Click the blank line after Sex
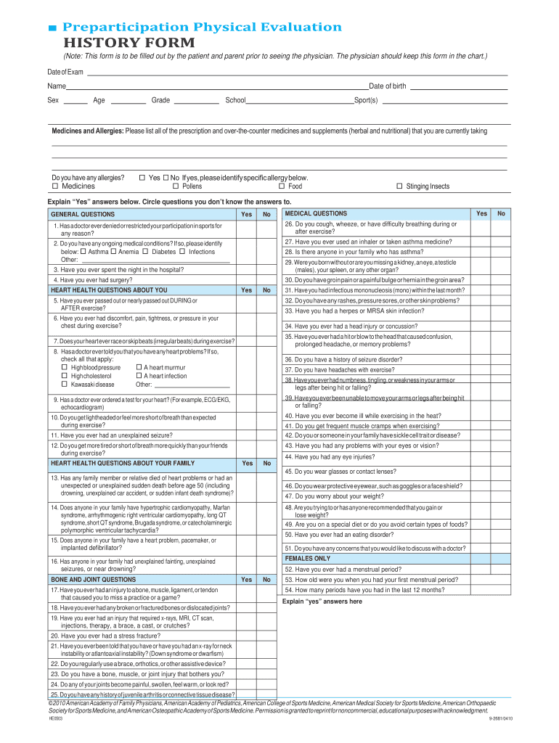[76, 102]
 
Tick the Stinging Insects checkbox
[399, 186]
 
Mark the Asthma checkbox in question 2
[83, 251]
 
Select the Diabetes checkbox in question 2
[145, 251]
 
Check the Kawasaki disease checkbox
[65, 385]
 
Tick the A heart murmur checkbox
[139, 367]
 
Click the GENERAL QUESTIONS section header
[83, 214]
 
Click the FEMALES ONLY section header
[308, 559]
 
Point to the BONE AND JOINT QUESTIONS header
[93, 580]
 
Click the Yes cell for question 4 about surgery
[247, 279]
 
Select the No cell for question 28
[500, 252]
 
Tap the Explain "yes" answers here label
[322, 601]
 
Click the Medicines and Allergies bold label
[87, 131]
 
